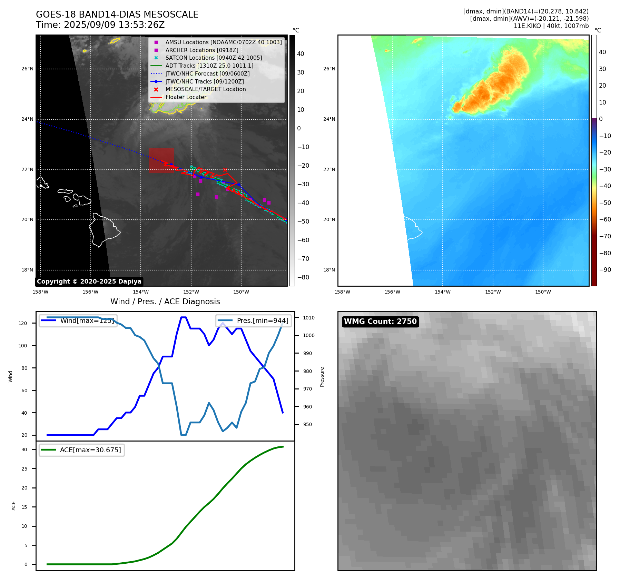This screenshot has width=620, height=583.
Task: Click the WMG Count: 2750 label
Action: coord(380,322)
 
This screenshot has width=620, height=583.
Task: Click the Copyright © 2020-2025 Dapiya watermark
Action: coord(89,281)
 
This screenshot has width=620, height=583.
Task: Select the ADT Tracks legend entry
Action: coord(209,66)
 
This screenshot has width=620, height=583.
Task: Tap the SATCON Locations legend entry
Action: coord(214,58)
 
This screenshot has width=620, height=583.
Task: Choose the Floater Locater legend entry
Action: coord(186,97)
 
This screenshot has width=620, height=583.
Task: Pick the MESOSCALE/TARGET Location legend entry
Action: coord(206,89)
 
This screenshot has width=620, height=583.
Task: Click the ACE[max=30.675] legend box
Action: coord(82,450)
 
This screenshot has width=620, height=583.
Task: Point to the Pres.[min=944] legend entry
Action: coord(254,320)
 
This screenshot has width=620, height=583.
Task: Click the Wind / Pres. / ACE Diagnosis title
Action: coord(165,302)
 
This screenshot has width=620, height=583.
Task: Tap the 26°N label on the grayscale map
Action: coord(27,69)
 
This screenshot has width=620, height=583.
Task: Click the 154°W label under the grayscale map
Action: coord(141,292)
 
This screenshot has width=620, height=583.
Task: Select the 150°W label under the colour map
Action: coord(543,292)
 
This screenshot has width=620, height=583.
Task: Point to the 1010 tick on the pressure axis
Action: coord(309,318)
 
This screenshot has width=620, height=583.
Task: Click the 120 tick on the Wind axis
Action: coord(23,323)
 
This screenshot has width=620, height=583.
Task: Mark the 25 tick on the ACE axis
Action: coord(24,469)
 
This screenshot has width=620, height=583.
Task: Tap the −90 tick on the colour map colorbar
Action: coord(605,270)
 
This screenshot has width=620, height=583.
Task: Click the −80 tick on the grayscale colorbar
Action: coord(303,277)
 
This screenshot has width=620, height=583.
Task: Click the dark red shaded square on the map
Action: coord(161,160)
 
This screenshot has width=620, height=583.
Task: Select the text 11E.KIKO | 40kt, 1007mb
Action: coord(551,26)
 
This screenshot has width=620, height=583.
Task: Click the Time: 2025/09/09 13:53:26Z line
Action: coord(100,25)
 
